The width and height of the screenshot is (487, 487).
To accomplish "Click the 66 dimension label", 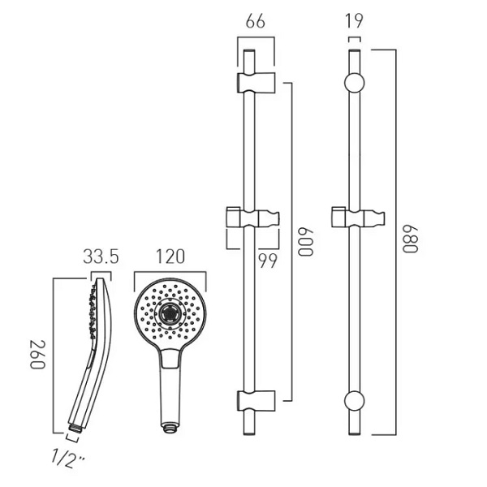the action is pos(256,21).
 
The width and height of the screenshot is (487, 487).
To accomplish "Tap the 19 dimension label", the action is pos(354,21).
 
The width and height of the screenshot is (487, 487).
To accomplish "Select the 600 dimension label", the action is pos(306,242).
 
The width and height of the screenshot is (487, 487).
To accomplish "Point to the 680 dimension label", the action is pos(410,239).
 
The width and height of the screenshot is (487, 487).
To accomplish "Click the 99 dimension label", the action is pos(268,261).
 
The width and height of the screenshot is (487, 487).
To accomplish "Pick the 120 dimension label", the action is pos(170,256).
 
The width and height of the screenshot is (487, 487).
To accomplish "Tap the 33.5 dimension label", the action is pos(101,257).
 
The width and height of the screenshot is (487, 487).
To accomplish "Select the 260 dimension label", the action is pos(37,355).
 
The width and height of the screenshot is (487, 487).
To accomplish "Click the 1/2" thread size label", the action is pos(67,458).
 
